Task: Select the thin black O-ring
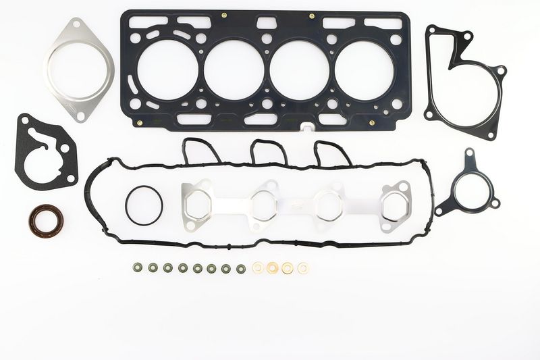click(143, 205)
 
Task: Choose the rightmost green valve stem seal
click(241, 269)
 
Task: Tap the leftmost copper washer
click(259, 268)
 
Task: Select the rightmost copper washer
click(303, 268)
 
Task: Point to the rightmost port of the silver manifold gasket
click(394, 206)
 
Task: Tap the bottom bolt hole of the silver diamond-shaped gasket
click(81, 116)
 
